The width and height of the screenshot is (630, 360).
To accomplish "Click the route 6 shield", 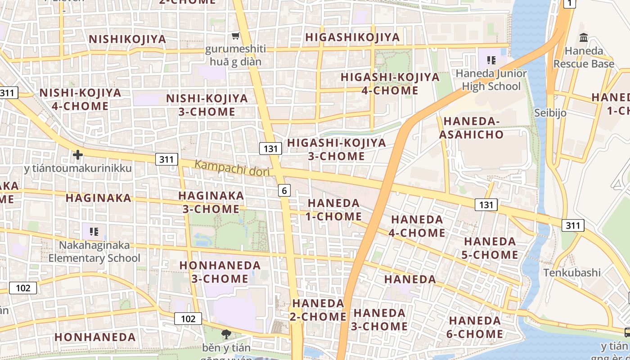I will [284, 191].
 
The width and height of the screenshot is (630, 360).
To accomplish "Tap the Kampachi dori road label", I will [232, 168].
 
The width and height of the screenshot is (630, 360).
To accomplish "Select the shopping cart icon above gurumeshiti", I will [235, 36].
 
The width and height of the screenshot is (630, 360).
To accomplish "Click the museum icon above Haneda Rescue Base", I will [584, 37].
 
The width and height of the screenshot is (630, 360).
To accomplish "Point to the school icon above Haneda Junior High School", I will [491, 60].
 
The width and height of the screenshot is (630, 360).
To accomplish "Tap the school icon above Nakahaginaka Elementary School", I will [94, 232].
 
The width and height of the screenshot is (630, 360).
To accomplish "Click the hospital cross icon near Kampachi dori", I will [78, 155].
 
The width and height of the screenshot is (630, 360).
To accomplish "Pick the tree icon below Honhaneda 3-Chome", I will [225, 334].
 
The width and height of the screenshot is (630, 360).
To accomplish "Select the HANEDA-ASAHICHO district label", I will [471, 128].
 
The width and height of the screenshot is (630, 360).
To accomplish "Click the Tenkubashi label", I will [572, 273].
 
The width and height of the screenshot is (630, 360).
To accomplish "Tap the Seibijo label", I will [550, 112].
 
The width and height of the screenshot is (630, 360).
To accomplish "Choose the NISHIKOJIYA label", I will [128, 39].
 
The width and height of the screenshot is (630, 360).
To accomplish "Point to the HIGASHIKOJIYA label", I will [352, 37].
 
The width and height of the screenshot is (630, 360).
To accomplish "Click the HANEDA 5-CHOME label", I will [490, 248].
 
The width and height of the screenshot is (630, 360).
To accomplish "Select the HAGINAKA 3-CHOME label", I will [211, 202].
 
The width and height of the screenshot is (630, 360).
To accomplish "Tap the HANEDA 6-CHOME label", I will [475, 327].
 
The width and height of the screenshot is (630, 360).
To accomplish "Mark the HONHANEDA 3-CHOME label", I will [220, 272].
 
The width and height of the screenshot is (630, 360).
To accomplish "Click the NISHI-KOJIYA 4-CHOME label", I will [81, 99].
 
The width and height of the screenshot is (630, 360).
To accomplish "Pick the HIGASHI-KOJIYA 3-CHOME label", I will [337, 149].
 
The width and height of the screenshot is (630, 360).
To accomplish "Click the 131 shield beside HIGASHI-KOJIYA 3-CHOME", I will [270, 148].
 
